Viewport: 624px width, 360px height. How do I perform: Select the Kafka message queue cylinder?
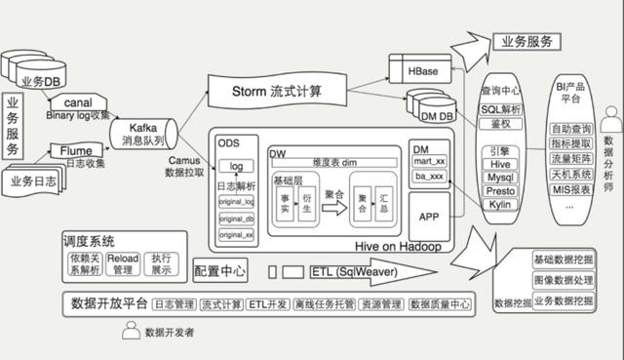click(141, 134)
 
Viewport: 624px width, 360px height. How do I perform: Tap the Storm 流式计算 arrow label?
click(277, 92)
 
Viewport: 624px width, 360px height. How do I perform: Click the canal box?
click(77, 102)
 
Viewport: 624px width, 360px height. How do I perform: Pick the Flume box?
click(76, 151)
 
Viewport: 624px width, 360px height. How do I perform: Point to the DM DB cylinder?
click(435, 117)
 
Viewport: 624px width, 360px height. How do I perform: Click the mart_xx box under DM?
click(430, 161)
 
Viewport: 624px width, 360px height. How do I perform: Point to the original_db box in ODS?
click(236, 218)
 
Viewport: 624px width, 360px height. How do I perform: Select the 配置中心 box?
click(220, 271)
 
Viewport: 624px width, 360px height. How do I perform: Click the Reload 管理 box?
click(122, 262)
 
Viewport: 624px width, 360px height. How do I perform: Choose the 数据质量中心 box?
click(441, 305)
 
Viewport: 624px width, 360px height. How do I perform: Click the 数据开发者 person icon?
click(128, 332)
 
